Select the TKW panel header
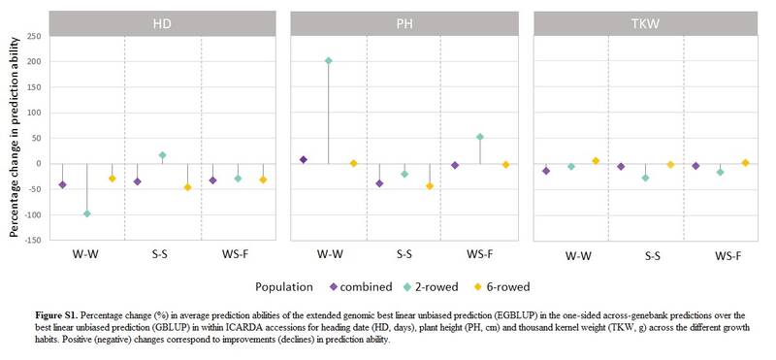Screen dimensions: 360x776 click(x=646, y=23)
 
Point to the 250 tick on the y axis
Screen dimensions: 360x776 click(x=32, y=37)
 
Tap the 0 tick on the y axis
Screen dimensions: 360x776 click(x=37, y=163)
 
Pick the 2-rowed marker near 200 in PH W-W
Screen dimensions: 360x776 click(x=328, y=60)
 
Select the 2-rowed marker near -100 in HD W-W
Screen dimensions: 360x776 click(x=87, y=213)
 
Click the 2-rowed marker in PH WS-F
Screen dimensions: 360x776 click(x=480, y=137)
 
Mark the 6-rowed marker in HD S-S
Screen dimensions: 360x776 click(x=187, y=186)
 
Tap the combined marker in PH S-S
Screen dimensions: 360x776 click(x=379, y=182)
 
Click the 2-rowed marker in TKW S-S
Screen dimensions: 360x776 click(x=645, y=178)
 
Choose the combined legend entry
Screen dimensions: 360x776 click(x=360, y=287)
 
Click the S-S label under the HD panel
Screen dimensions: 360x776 click(x=162, y=254)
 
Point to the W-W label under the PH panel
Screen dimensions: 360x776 click(x=330, y=254)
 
